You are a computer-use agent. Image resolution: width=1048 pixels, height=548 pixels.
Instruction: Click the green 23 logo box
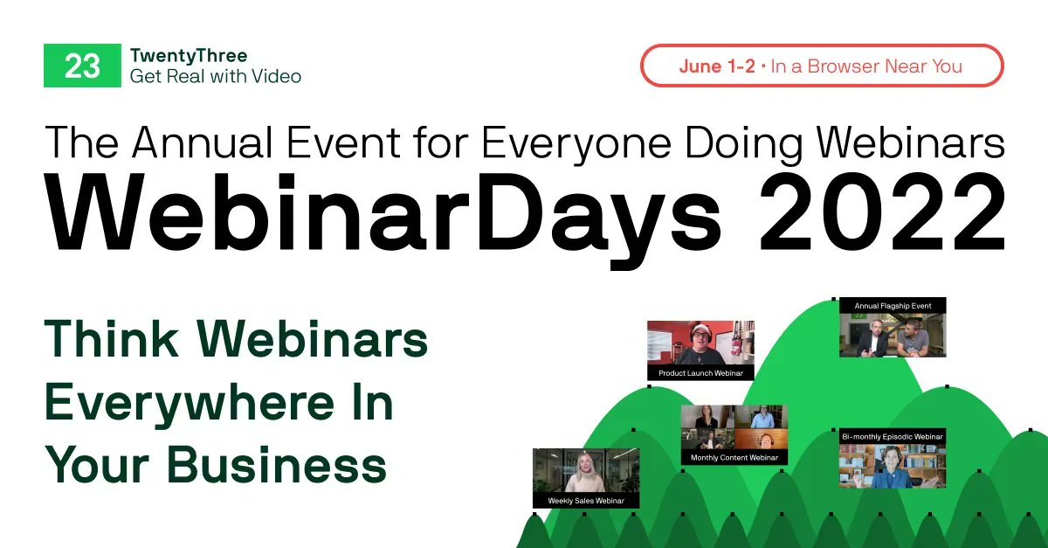[82, 66]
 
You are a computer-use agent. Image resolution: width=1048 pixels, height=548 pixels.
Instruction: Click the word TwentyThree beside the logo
[188, 57]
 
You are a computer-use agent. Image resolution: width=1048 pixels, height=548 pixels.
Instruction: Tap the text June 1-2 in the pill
[716, 66]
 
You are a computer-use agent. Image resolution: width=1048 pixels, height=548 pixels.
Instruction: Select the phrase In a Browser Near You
[866, 66]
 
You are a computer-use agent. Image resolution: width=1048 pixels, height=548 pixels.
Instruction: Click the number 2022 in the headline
[882, 216]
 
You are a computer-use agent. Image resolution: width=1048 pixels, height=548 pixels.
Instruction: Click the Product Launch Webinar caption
[700, 373]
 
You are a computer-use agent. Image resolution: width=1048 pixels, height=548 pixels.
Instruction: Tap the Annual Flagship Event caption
[892, 306]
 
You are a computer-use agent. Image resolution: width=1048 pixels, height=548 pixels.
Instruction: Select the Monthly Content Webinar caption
[734, 457]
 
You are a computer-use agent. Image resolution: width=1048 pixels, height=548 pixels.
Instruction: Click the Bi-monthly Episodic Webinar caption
[892, 435]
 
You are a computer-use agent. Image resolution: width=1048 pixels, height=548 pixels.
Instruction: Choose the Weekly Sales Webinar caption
[585, 501]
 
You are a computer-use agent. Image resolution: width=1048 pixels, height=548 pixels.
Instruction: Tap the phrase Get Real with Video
[215, 77]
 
